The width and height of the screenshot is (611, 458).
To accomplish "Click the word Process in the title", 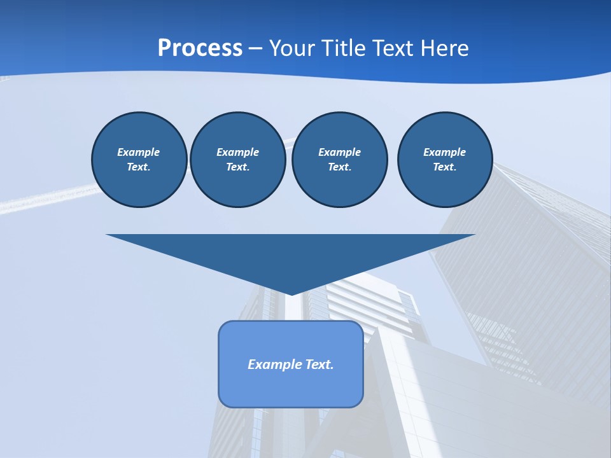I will tap(200, 48).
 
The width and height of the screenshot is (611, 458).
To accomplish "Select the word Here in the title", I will tap(445, 48).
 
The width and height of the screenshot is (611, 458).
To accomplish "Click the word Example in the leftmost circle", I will tap(139, 152).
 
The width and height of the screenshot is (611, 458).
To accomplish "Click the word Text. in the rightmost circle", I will tap(444, 167).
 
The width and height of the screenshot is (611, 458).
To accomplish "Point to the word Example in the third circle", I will tap(339, 152).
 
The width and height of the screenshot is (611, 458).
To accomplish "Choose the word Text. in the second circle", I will tap(237, 167).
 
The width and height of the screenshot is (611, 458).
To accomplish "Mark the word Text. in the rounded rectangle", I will tap(320, 364).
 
